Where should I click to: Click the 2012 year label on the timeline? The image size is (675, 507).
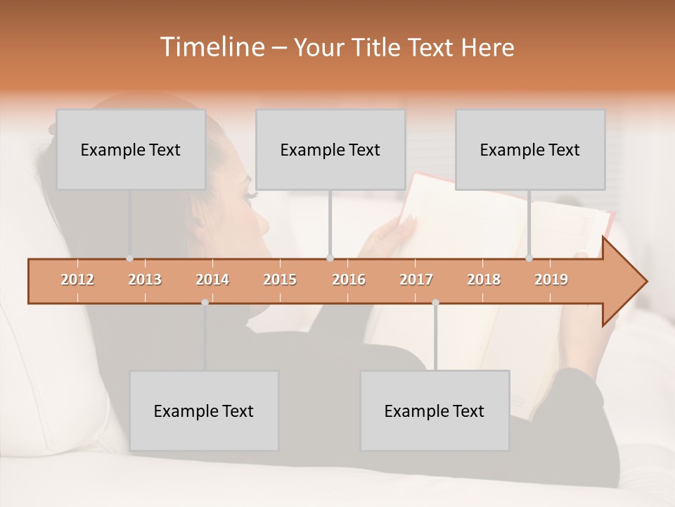click(77, 280)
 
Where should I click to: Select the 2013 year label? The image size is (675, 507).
click(145, 280)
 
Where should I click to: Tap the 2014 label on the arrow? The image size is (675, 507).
click(212, 280)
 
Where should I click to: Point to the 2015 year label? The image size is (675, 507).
click(280, 280)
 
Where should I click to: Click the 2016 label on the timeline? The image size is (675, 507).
click(349, 280)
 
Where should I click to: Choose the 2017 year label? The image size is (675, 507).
click(416, 280)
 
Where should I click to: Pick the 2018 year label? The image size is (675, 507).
click(484, 280)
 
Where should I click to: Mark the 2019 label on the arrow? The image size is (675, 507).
click(551, 280)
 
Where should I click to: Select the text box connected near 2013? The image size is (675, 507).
click(131, 149)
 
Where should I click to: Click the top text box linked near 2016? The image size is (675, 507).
click(330, 149)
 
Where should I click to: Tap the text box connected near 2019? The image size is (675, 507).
click(530, 149)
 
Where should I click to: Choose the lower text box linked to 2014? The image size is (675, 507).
click(204, 411)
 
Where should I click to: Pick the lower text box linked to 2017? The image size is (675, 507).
click(435, 411)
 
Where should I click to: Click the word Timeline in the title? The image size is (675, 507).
click(211, 47)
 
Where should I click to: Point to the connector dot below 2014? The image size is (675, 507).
click(205, 302)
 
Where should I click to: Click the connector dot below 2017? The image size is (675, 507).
click(435, 302)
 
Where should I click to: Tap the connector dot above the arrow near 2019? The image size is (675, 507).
click(529, 258)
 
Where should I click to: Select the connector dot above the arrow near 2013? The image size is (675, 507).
click(129, 258)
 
